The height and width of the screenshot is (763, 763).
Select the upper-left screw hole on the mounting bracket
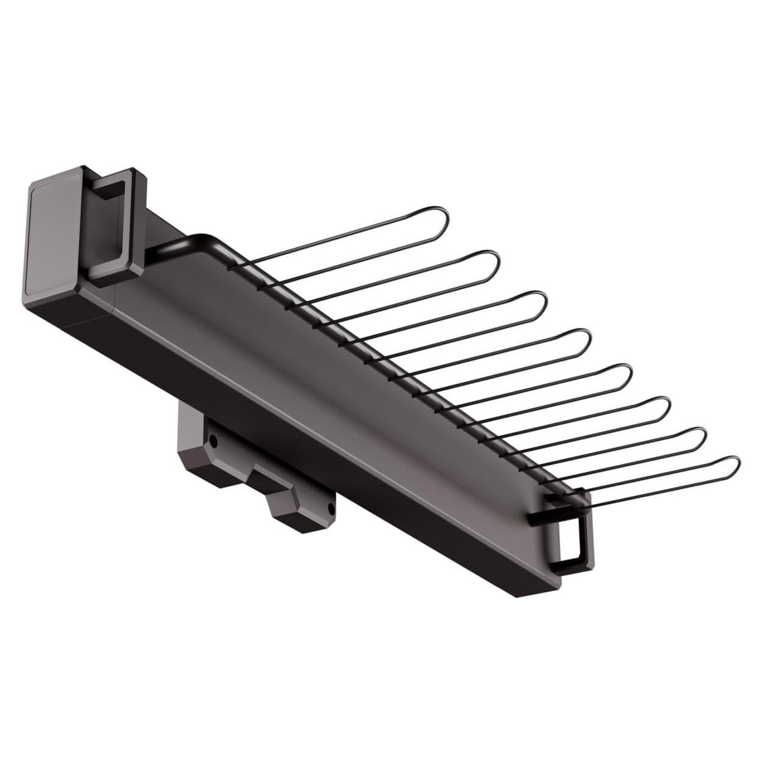211,438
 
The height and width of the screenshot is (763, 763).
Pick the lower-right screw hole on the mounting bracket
330,505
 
